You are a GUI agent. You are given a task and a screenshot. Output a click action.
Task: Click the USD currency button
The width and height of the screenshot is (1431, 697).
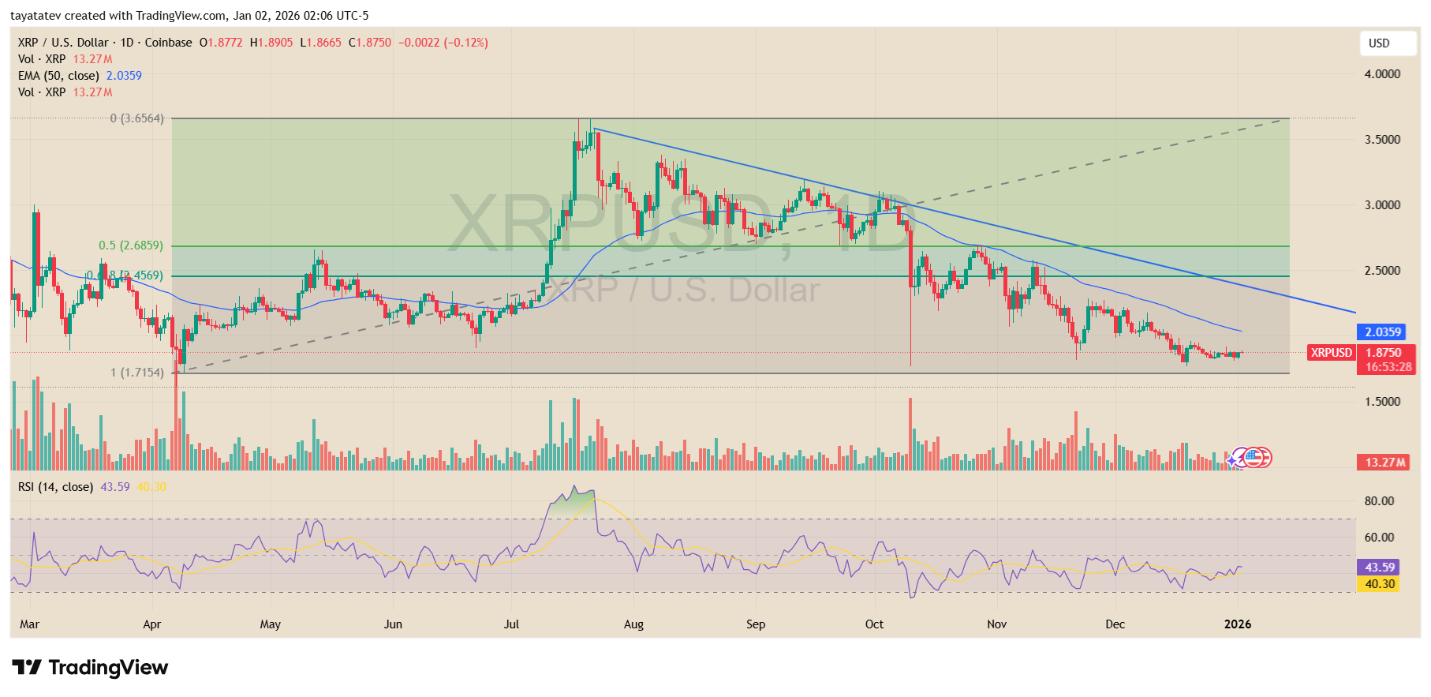pyautogui.click(x=1387, y=43)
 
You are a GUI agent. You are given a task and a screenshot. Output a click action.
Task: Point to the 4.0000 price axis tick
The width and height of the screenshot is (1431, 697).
pyautogui.click(x=1382, y=74)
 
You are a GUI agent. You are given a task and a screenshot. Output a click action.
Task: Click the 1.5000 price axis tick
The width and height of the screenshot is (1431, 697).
pyautogui.click(x=1382, y=402)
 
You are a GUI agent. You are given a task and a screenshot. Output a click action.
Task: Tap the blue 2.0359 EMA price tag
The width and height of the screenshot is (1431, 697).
pyautogui.click(x=1382, y=332)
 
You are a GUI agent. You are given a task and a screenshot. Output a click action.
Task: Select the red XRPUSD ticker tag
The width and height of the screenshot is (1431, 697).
pyautogui.click(x=1331, y=353)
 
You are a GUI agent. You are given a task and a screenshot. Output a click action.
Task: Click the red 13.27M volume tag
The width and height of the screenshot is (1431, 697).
pyautogui.click(x=1384, y=463)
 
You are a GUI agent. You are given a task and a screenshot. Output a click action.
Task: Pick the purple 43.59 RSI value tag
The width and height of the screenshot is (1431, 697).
pyautogui.click(x=1379, y=568)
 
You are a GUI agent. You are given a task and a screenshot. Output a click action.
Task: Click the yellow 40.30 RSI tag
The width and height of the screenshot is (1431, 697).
pyautogui.click(x=1379, y=584)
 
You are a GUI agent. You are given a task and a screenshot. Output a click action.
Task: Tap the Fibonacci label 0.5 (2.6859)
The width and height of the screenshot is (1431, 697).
pyautogui.click(x=131, y=245)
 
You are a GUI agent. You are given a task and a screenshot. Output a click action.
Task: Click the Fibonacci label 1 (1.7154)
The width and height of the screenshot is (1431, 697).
pyautogui.click(x=137, y=373)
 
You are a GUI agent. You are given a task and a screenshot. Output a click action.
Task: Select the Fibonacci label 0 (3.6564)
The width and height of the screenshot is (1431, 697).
pyautogui.click(x=136, y=118)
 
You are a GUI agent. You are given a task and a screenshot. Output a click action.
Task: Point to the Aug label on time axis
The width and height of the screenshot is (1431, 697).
pyautogui.click(x=633, y=624)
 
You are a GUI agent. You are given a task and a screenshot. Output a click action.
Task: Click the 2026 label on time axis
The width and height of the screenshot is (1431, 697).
pyautogui.click(x=1237, y=624)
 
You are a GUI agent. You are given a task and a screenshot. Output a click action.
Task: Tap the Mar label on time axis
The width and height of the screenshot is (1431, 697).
pyautogui.click(x=29, y=624)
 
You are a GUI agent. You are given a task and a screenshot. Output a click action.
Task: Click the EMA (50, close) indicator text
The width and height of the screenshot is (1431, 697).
pyautogui.click(x=59, y=76)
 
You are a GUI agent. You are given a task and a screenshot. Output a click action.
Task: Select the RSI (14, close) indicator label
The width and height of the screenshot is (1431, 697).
pyautogui.click(x=55, y=487)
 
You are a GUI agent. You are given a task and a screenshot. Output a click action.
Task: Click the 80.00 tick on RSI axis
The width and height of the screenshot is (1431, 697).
pyautogui.click(x=1379, y=501)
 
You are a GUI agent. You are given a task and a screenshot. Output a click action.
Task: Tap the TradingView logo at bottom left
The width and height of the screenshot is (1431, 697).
pyautogui.click(x=90, y=668)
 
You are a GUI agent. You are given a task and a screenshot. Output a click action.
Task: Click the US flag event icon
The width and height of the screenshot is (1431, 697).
pyautogui.click(x=1254, y=457)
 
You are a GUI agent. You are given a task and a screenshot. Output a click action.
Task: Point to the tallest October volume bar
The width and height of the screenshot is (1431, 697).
pyautogui.click(x=910, y=434)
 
